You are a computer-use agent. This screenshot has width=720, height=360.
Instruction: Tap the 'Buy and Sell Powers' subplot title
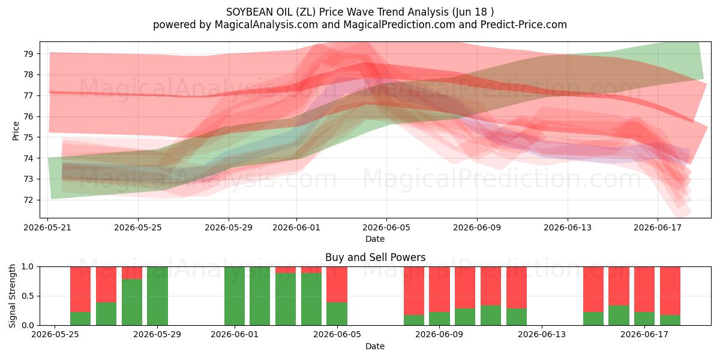tap(375, 257)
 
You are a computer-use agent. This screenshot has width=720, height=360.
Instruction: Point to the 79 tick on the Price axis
tap(28, 53)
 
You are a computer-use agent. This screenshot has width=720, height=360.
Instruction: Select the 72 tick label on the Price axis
tap(28, 200)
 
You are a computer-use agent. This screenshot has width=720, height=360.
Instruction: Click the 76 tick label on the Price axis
tap(28, 116)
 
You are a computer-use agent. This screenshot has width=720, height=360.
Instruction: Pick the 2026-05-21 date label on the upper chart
tap(47, 227)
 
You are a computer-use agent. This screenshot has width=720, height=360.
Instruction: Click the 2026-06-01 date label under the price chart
tap(296, 227)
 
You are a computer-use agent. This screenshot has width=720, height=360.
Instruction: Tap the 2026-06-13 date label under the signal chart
tap(542, 334)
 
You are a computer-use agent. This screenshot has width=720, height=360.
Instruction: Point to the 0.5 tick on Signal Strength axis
tap(28, 296)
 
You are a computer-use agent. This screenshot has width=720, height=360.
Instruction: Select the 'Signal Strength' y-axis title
tap(12, 296)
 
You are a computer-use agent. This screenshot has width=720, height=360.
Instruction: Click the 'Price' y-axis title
tap(16, 131)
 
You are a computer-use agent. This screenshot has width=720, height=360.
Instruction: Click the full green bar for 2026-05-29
tap(157, 296)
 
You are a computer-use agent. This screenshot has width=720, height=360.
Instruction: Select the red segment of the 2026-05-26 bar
tap(80, 289)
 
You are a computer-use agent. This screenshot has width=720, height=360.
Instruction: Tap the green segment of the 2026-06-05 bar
tap(337, 314)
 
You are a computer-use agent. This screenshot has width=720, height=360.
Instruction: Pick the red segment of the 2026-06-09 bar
tap(439, 289)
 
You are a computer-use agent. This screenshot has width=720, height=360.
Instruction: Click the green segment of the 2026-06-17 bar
tap(644, 319)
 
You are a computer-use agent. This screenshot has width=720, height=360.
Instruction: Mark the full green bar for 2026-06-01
tap(235, 296)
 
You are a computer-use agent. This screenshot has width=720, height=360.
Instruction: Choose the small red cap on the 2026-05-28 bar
tap(132, 272)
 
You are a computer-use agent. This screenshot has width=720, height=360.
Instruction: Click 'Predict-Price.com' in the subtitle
tap(524, 25)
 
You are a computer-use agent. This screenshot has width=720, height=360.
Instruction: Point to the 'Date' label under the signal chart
tap(375, 346)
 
